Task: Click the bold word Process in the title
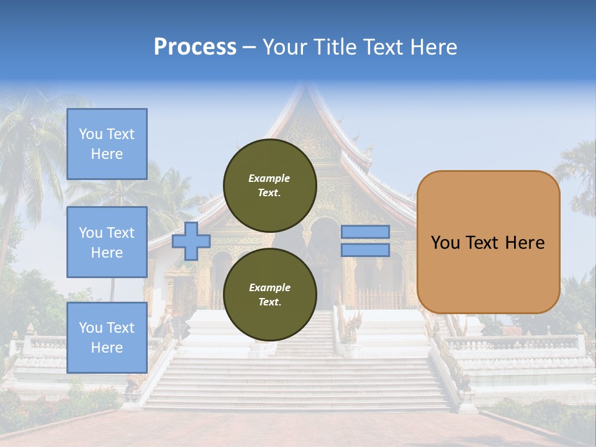(x=195, y=47)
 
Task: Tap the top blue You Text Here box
(x=107, y=144)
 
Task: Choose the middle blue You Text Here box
(x=107, y=242)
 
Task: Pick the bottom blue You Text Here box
(x=107, y=337)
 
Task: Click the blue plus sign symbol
(x=191, y=241)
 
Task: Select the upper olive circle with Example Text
(x=269, y=185)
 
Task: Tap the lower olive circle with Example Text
(x=269, y=294)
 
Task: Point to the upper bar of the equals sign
(x=365, y=232)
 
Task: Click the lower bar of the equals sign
(x=365, y=250)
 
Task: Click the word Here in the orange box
(x=525, y=243)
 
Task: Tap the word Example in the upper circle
(x=269, y=178)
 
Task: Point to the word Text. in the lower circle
(x=269, y=302)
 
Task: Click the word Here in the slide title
(x=435, y=47)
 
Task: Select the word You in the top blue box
(x=90, y=134)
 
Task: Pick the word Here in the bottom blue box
(x=107, y=348)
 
